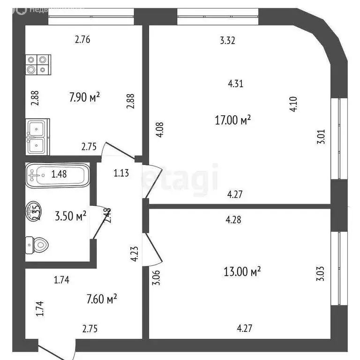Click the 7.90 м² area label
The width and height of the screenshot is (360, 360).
pos(85,98)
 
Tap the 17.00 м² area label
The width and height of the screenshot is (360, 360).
pos(232,120)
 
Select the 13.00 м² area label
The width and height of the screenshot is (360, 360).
pos(242,271)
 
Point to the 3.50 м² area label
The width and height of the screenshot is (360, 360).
pos(71,217)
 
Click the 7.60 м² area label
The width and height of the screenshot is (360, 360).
pos(101,298)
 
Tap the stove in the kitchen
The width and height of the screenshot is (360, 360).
pos(38,65)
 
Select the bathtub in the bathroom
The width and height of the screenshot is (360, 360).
pos(56,175)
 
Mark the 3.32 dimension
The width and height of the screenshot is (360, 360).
pos(227,40)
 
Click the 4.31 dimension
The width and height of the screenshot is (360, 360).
pos(235,84)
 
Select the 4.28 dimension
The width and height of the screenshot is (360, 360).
pos(233,219)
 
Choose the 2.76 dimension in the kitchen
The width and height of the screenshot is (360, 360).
pos(82,39)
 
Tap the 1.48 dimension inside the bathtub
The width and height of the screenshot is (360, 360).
pos(59,174)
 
